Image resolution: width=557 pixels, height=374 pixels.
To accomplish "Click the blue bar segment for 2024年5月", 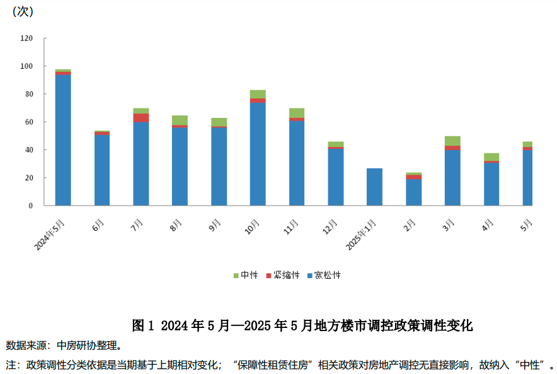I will pos(63,140).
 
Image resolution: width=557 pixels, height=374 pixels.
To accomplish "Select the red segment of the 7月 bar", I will pos(141,117).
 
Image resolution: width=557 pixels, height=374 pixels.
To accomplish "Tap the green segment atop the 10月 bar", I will pos(258,94).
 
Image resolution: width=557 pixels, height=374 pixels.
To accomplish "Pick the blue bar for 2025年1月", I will pos(374,187).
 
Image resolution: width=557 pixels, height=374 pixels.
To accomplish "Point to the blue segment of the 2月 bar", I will pos(413,192).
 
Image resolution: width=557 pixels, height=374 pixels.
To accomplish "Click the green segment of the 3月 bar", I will pos(452,141).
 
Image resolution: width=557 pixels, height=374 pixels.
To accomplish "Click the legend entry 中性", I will pos(246,275).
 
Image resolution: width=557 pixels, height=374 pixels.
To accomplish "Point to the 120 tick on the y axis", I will pos(26,38).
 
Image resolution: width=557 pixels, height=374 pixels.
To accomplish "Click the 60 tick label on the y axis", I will pos(28,122).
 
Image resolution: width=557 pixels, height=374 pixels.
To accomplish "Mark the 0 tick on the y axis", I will pos(30,206).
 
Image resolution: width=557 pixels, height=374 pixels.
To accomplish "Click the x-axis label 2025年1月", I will pos(363,235).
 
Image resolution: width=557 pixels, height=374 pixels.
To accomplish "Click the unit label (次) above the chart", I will pos(23,11).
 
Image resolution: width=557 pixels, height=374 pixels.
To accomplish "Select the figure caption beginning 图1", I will pos(302,325).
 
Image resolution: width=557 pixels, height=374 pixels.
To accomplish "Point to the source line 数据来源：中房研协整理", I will pos(64,346).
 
